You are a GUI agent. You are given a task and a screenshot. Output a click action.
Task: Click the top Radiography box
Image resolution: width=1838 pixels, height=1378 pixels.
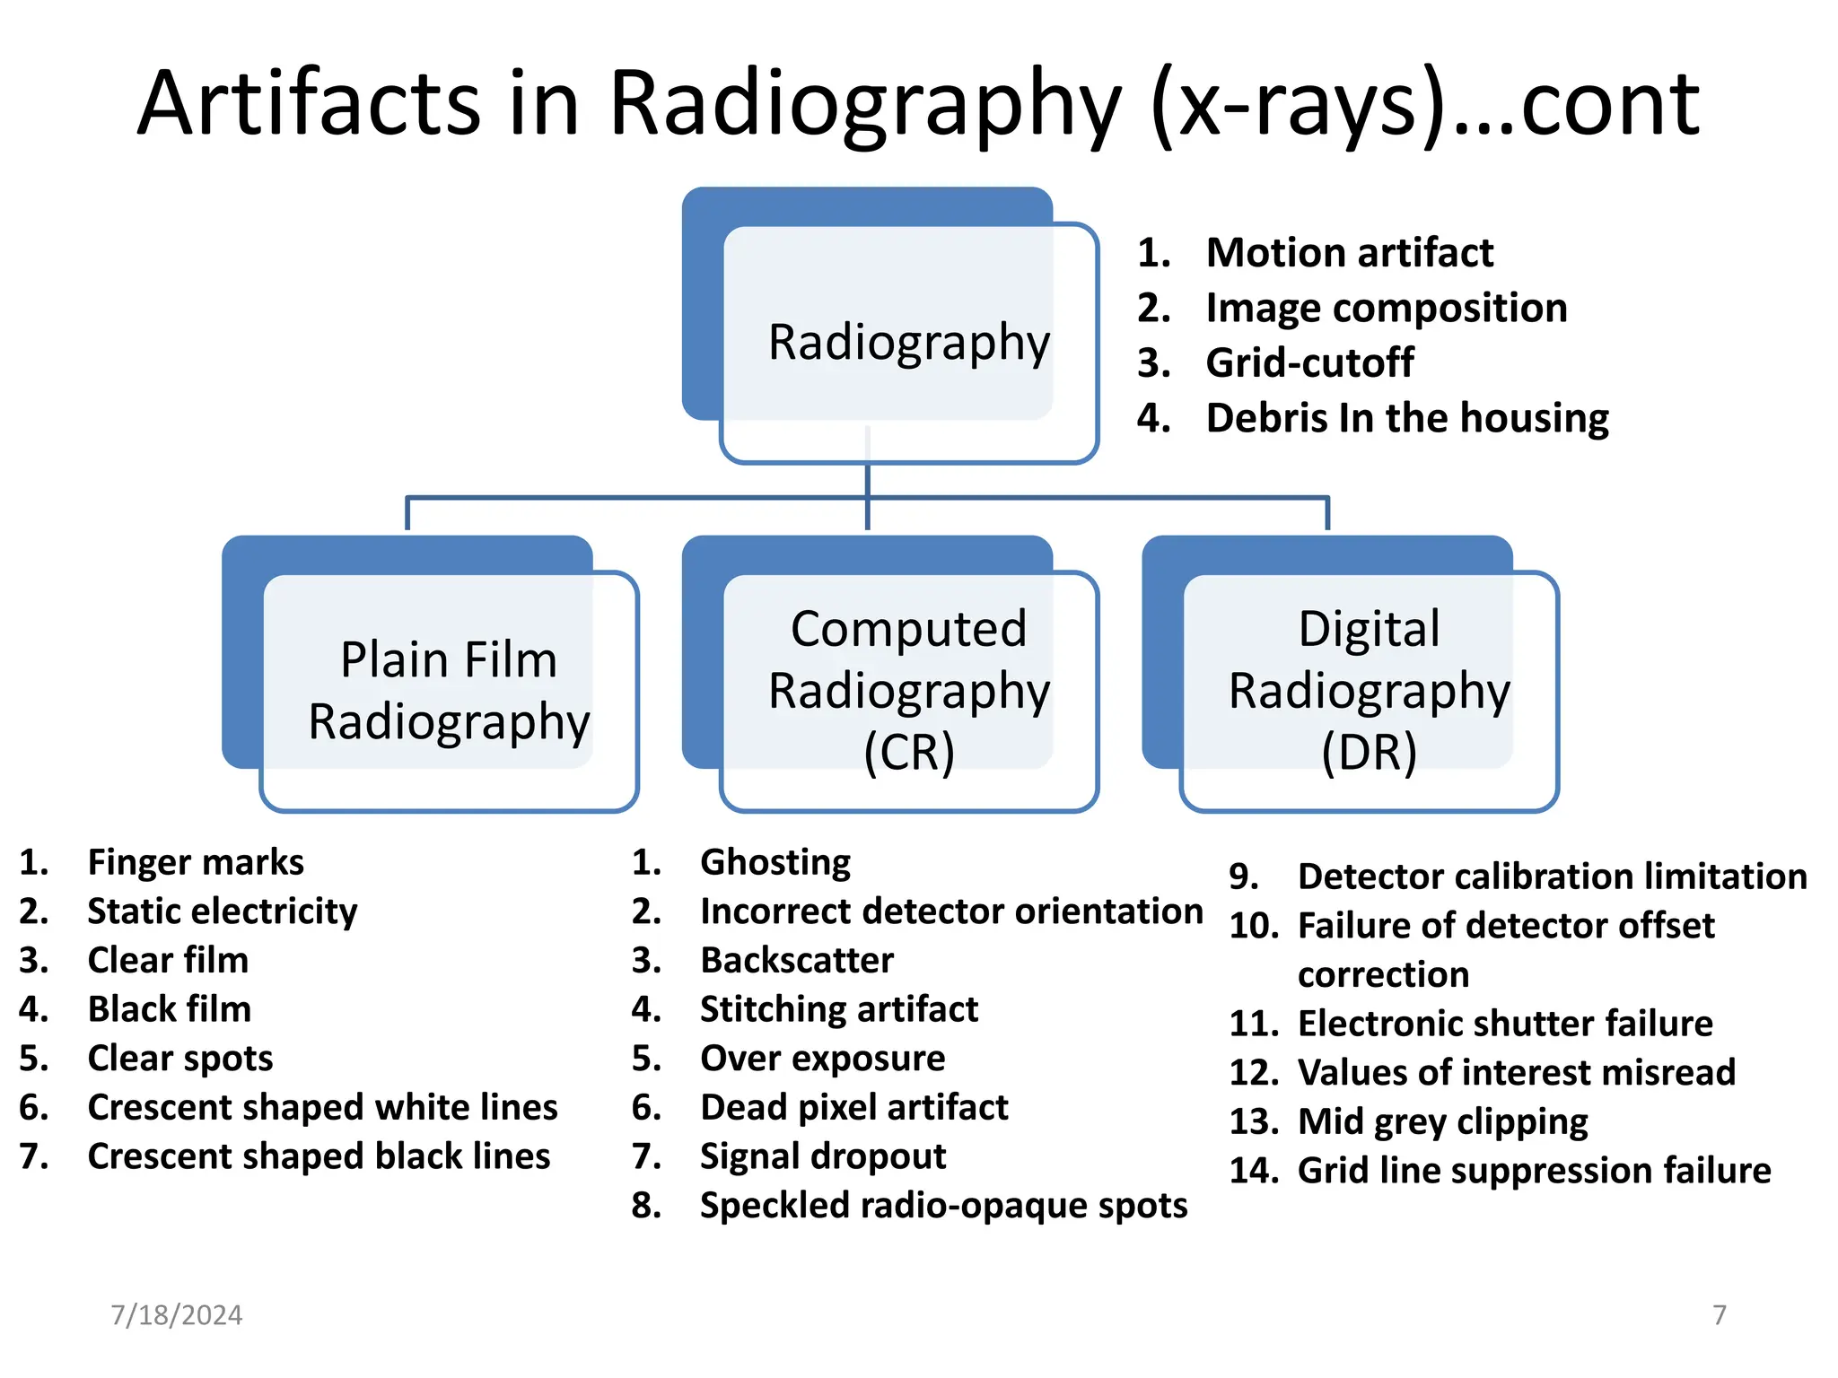click(x=908, y=342)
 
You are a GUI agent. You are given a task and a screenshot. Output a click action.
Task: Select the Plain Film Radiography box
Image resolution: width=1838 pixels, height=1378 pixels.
click(x=449, y=690)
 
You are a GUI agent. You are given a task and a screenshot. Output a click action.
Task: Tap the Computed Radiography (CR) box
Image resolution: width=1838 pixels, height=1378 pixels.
click(x=908, y=690)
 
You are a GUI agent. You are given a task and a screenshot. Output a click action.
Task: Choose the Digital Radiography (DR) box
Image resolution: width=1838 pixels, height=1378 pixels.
click(x=1369, y=690)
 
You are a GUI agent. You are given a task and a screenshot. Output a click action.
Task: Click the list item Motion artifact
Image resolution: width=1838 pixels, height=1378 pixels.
click(x=1349, y=252)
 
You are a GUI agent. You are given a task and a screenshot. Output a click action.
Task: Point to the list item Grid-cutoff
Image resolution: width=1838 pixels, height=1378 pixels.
click(x=1309, y=362)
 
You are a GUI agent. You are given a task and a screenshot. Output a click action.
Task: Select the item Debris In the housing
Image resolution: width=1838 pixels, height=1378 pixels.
click(x=1406, y=418)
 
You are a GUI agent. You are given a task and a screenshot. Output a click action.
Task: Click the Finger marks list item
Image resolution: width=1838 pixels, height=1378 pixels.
click(x=196, y=862)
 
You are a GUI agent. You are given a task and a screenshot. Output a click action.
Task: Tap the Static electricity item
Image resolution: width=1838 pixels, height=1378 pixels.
click(x=223, y=911)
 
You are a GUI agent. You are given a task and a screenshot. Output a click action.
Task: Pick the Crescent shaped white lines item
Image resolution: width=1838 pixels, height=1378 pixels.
click(x=322, y=1107)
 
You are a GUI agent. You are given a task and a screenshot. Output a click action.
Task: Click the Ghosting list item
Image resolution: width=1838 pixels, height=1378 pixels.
click(x=775, y=862)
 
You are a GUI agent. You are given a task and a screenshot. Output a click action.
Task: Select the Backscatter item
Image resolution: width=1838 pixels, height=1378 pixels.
click(x=797, y=960)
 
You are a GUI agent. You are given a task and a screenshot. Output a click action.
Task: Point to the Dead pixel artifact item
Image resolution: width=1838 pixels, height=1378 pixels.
click(x=853, y=1107)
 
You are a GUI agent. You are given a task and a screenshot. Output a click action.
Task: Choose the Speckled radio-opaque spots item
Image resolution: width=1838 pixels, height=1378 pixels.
click(x=943, y=1206)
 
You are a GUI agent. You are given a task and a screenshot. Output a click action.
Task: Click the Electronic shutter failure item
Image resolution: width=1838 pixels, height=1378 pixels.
click(x=1505, y=1024)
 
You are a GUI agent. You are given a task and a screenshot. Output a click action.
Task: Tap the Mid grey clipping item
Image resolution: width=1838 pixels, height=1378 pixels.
click(x=1442, y=1121)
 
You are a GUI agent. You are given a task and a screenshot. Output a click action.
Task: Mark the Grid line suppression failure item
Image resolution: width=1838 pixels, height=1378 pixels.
click(x=1534, y=1171)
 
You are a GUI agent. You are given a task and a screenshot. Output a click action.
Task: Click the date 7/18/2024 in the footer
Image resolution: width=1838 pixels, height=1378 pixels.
click(x=177, y=1315)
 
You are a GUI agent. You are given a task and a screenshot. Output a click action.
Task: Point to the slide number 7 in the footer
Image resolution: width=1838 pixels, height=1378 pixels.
click(x=1719, y=1315)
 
